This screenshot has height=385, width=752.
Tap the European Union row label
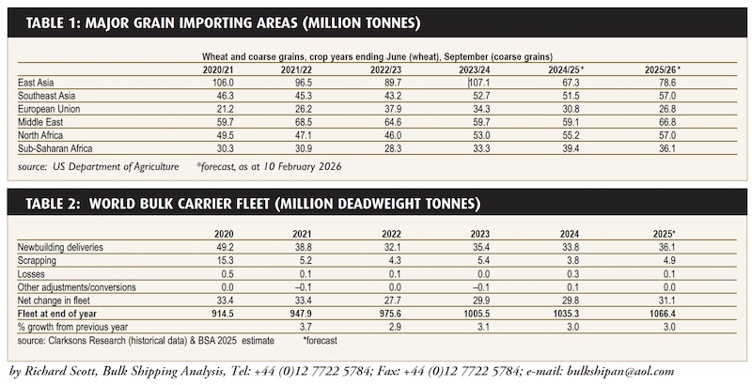point(51,108)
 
